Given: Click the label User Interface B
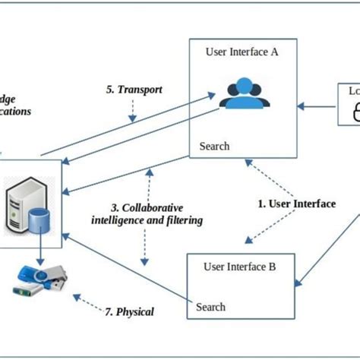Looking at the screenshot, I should [x=240, y=267].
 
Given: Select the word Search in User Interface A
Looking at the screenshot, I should [x=213, y=146].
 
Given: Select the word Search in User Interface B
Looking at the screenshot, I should [x=210, y=307].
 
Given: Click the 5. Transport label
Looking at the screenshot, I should [x=134, y=90].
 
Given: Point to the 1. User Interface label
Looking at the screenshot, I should [x=296, y=204].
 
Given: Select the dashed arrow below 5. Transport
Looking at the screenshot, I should [x=134, y=111].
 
